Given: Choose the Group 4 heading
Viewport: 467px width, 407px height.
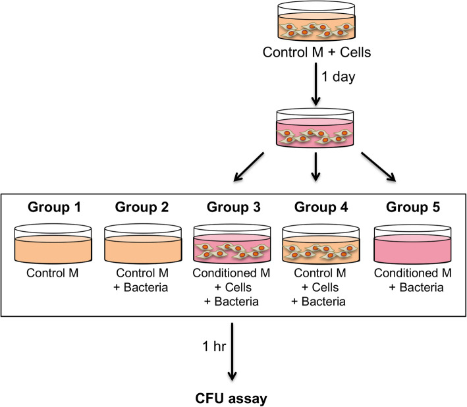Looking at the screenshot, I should tap(317, 207).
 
